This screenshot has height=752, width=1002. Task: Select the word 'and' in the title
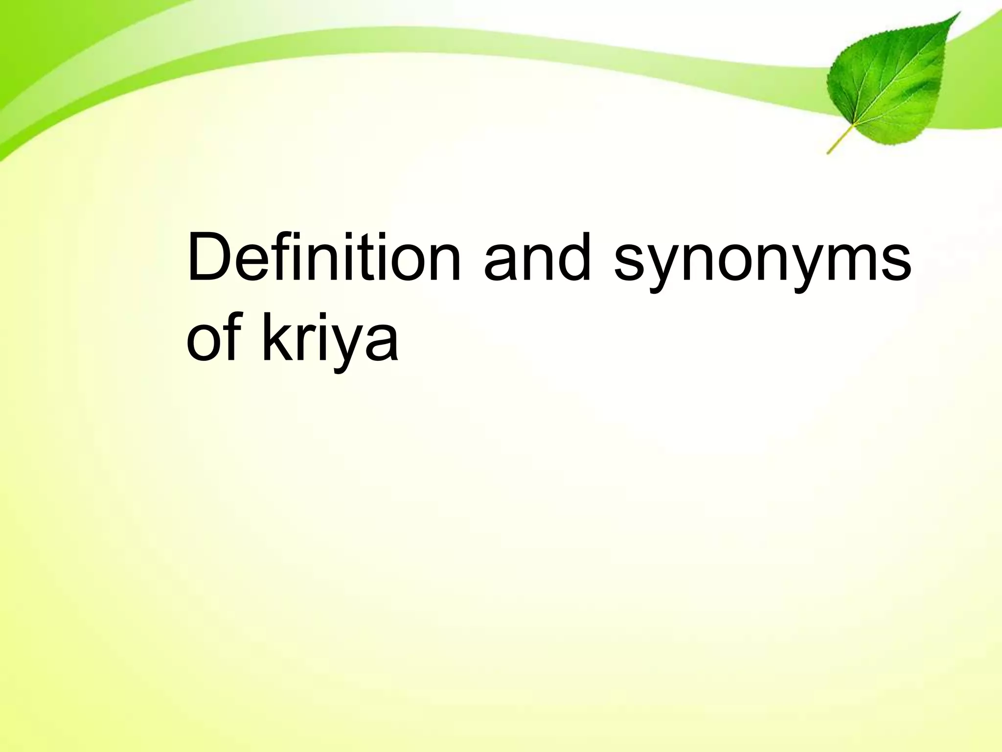(x=537, y=258)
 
